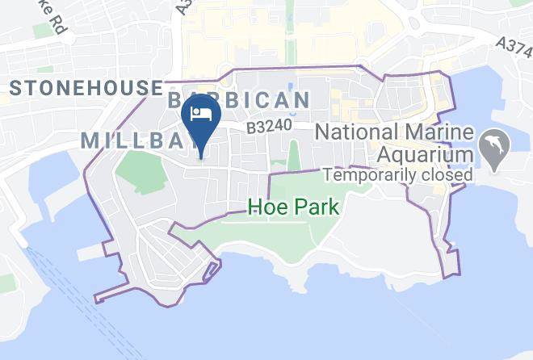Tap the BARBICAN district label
point(238,100)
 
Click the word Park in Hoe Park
point(315,207)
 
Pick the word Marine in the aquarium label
point(432,131)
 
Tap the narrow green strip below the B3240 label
point(292,156)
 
